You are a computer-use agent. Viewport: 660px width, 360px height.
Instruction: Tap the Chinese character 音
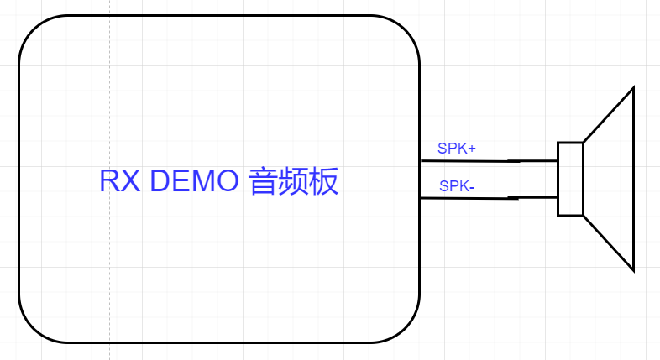click(265, 181)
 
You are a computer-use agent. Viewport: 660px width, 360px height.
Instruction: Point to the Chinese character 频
click(295, 181)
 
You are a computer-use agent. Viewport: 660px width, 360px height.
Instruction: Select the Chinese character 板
click(325, 181)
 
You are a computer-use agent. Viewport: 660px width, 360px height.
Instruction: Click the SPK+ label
click(456, 149)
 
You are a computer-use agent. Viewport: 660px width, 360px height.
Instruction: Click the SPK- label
click(457, 185)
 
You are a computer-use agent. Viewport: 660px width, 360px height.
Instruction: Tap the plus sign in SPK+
click(472, 149)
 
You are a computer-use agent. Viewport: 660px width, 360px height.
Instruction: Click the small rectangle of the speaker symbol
click(570, 179)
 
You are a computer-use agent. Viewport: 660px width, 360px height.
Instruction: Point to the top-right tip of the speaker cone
click(633, 88)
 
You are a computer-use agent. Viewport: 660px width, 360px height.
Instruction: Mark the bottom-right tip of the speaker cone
click(633, 269)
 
